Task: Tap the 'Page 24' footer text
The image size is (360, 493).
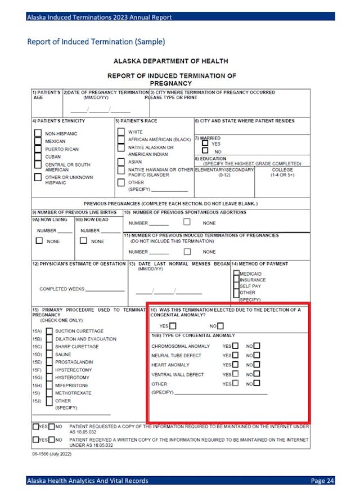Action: pos(322,481)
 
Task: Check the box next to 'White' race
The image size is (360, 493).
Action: pos(121,132)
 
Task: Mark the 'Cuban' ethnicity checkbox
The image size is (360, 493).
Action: pos(38,157)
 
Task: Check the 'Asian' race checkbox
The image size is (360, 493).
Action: pos(121,162)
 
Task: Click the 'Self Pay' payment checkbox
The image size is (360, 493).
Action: pos(236,286)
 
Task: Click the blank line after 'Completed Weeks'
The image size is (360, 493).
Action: pos(105,289)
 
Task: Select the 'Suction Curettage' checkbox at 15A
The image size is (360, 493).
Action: pos(49,331)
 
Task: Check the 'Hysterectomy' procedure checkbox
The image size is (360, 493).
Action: pos(49,370)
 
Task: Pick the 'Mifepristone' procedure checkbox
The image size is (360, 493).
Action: pos(49,386)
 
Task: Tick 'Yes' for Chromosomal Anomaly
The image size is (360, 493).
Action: pos(235,346)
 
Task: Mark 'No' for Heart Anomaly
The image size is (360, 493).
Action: pos(256,365)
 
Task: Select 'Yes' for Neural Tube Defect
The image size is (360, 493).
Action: pos(235,355)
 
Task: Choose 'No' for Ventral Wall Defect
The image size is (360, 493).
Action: pos(256,374)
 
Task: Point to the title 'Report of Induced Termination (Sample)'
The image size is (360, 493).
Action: pos(96,42)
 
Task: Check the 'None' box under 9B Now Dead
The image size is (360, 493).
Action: pos(83,241)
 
